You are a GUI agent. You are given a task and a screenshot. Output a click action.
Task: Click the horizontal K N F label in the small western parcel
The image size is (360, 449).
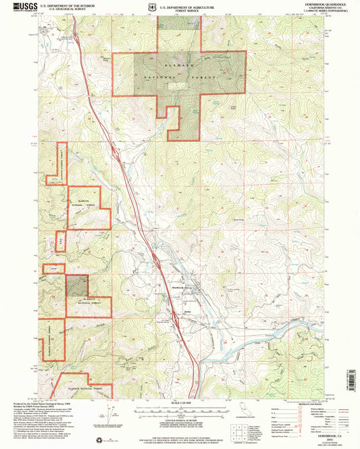pyautogui.click(x=54, y=269)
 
